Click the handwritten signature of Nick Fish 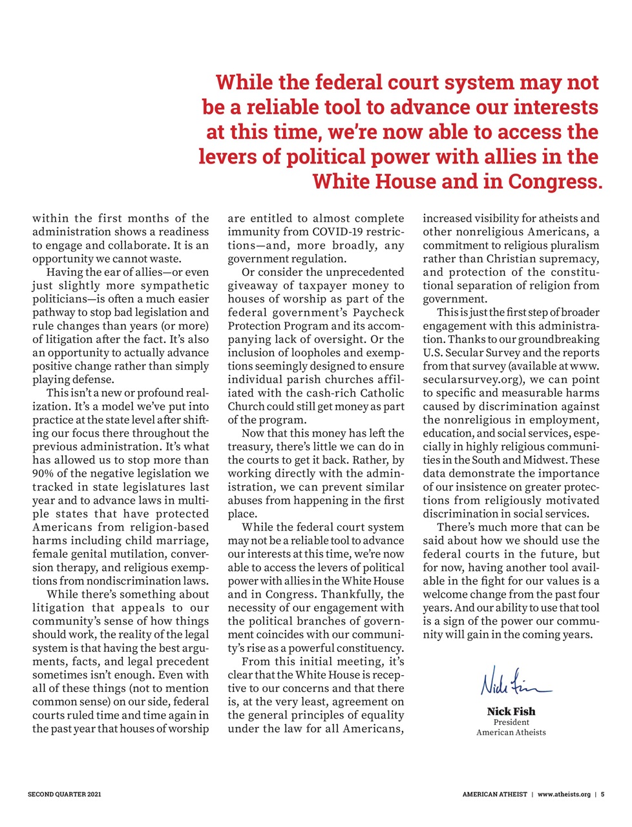click(x=515, y=682)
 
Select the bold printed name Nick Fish click(x=511, y=711)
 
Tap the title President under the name click(x=511, y=722)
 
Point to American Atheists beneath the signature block click(x=511, y=733)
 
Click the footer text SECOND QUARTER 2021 click(x=64, y=794)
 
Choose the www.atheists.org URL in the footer click(x=564, y=794)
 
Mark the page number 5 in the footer click(x=602, y=794)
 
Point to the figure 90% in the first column click(x=44, y=474)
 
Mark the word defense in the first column click(x=94, y=380)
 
